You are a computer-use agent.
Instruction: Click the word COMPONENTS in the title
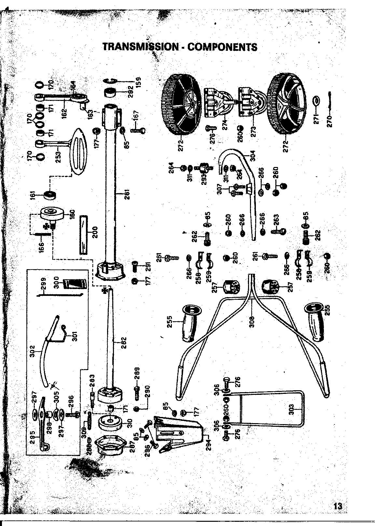(223, 47)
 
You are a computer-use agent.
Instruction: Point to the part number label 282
(124, 342)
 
